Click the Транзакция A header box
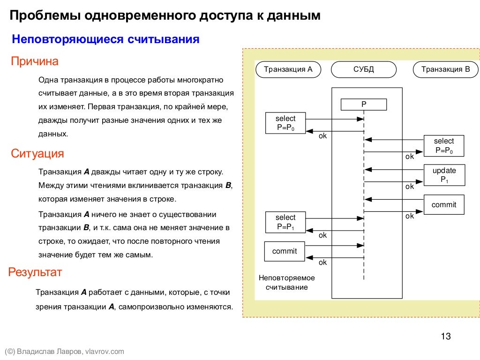tap(288, 70)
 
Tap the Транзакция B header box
tap(445, 70)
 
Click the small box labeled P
tap(364, 105)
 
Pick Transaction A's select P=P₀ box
tap(285, 123)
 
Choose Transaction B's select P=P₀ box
tap(444, 146)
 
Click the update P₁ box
tap(444, 175)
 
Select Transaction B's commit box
tap(444, 205)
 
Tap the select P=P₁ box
tap(285, 222)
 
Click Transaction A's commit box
tap(285, 251)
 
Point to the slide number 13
tap(445, 336)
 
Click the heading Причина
tap(35, 61)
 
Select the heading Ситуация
tap(37, 154)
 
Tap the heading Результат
tap(36, 272)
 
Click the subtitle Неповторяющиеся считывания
tap(105, 39)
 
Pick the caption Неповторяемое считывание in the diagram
tap(286, 282)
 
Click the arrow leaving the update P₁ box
tap(394, 169)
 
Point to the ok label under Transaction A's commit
tap(322, 262)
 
